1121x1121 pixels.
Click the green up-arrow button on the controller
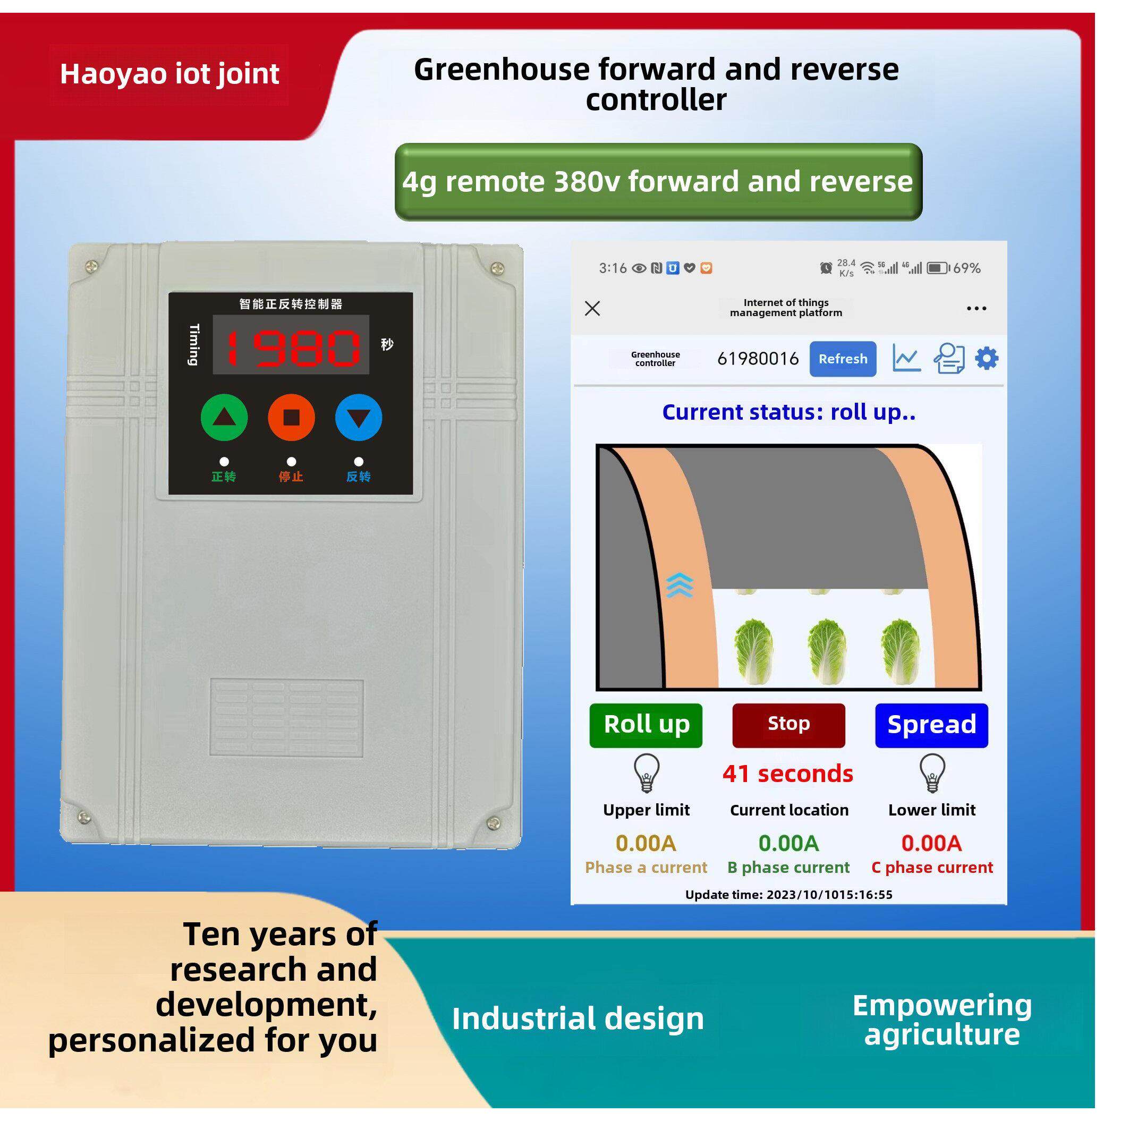pos(224,418)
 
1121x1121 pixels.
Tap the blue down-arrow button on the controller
pos(359,418)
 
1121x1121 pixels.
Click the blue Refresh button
pos(843,359)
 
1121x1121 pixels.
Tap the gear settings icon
pos(987,359)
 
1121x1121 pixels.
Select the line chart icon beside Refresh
pos(906,359)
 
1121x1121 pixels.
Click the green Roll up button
pos(646,725)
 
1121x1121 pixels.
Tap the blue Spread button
pos(931,725)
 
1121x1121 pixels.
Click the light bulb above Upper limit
pos(647,772)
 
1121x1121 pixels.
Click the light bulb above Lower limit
pos(932,772)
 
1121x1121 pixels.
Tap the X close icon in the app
pos(592,308)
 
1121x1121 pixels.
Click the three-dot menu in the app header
pos(976,309)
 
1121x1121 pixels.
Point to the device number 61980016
pos(758,359)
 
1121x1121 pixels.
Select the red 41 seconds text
pos(788,774)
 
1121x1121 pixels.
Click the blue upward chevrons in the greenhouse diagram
pos(680,585)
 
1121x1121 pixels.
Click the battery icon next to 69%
pos(937,268)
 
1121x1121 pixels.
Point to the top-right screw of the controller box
pos(497,268)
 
